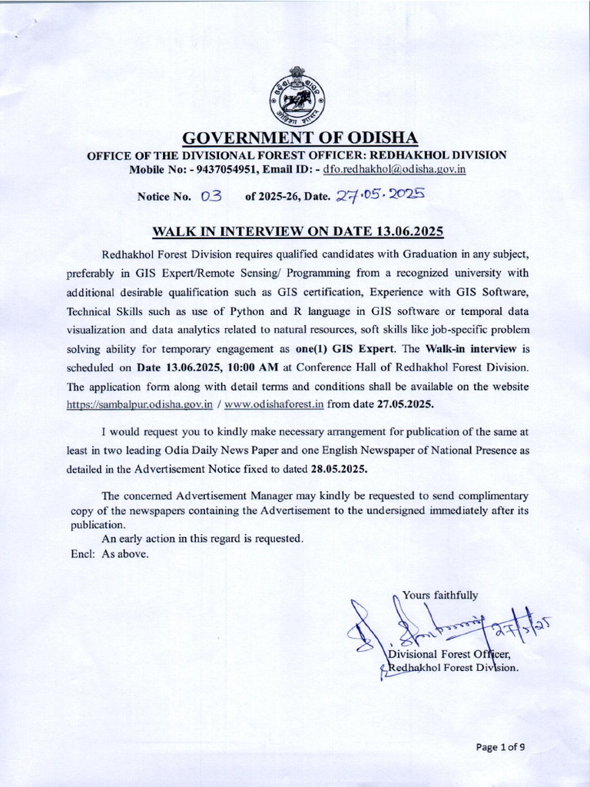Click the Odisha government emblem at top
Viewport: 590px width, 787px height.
click(295, 98)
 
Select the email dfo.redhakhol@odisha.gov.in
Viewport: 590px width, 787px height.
click(395, 168)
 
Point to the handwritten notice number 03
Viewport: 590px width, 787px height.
click(210, 196)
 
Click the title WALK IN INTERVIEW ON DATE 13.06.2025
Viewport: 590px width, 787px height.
click(298, 231)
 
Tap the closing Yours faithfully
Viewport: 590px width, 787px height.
click(440, 595)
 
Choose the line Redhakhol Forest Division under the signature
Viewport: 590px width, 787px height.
click(453, 668)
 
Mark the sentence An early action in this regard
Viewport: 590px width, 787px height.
click(203, 539)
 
